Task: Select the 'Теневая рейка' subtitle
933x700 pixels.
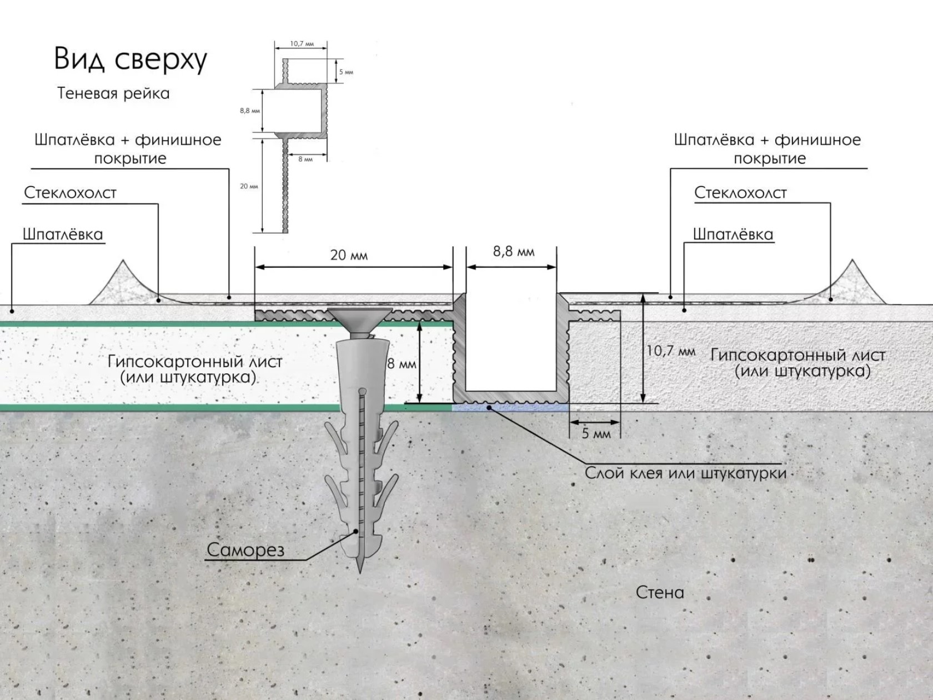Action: coord(113,93)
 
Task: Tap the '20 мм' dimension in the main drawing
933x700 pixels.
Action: coord(349,255)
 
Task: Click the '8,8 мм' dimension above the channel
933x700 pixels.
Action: coord(514,252)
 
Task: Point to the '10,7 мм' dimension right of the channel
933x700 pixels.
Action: coord(670,351)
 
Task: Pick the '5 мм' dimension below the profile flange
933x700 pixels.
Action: coord(595,433)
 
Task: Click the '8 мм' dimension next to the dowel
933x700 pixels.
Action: coord(402,364)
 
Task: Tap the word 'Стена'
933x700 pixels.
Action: coord(660,592)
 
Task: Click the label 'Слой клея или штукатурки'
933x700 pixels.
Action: coord(685,473)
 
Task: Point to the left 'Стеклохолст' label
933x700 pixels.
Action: coord(71,193)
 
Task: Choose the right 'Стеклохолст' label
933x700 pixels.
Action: coord(740,193)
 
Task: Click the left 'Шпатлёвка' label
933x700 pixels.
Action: coord(63,234)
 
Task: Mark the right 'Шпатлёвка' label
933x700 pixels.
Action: coord(733,234)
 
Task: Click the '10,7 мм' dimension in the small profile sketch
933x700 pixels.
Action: coord(302,44)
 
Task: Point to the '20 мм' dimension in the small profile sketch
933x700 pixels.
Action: coord(249,186)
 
